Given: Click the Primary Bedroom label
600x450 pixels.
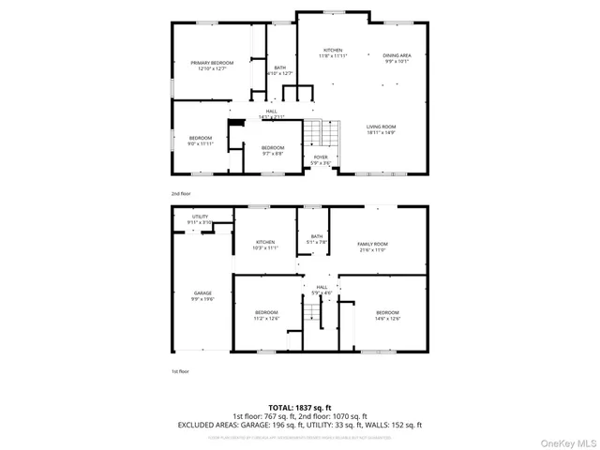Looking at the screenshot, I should point(215,63).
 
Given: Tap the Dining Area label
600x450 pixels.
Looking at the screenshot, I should point(397,56).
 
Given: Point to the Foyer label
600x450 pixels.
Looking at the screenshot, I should point(321,157).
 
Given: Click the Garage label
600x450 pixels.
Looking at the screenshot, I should point(202,293).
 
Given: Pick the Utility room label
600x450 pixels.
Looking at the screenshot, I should point(201,217).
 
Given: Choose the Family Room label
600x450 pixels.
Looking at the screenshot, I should point(372,244).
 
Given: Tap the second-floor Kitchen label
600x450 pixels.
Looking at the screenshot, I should point(333,51).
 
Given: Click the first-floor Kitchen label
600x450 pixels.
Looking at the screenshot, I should point(266,242).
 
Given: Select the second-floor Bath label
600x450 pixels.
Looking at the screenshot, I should point(279,67).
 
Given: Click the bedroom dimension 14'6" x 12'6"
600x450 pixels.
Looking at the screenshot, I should point(387,319).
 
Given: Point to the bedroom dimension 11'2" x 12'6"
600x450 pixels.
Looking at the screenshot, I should point(266,319).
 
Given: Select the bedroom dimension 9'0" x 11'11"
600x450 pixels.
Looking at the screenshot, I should point(201,144).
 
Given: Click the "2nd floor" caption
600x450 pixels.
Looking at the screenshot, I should point(181,193).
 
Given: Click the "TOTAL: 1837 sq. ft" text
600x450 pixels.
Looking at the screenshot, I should point(300,407).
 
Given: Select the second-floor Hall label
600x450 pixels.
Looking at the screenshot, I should point(272,112).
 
